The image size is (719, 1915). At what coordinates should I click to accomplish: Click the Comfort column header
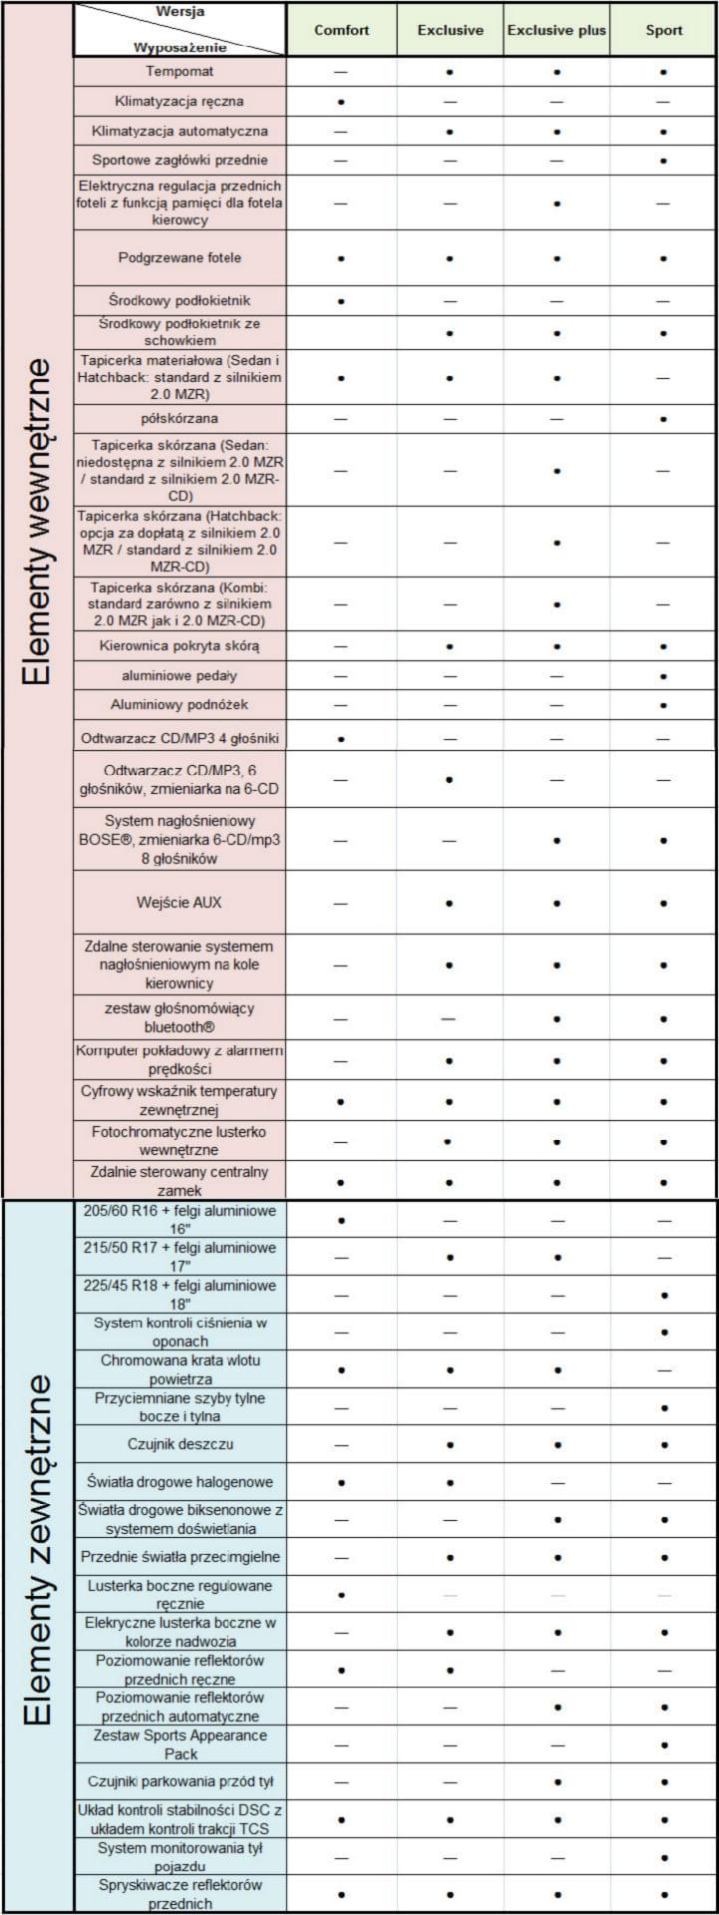tap(341, 30)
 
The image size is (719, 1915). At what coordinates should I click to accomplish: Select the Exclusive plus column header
tap(556, 30)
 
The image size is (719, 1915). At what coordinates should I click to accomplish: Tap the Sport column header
tap(663, 30)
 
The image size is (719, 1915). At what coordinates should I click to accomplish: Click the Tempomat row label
tap(180, 72)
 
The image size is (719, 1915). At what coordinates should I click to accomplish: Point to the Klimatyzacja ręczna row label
tap(180, 102)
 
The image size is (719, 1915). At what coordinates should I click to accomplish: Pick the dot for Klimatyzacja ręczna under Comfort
tap(341, 102)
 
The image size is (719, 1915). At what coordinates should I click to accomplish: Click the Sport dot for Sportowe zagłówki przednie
tap(663, 161)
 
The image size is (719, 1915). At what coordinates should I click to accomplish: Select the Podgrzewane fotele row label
tap(180, 258)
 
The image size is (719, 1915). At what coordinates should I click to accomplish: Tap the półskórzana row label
tap(180, 419)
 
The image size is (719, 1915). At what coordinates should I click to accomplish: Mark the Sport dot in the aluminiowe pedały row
tap(663, 676)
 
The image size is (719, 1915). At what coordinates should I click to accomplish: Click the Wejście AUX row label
tap(180, 903)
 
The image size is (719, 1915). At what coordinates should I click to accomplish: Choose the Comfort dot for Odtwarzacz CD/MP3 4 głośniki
tap(341, 739)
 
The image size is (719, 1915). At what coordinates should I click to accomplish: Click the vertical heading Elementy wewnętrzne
tap(37, 519)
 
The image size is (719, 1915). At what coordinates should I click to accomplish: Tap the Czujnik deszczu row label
tap(180, 1444)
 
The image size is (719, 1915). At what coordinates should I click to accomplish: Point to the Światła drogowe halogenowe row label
tap(180, 1482)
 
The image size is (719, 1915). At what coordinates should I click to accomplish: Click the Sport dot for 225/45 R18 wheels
tap(663, 1295)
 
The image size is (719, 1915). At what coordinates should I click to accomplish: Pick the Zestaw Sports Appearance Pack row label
tap(180, 1744)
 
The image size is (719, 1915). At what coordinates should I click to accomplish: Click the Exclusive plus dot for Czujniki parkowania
tap(556, 1782)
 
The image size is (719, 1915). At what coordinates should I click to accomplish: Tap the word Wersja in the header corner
tap(180, 11)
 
